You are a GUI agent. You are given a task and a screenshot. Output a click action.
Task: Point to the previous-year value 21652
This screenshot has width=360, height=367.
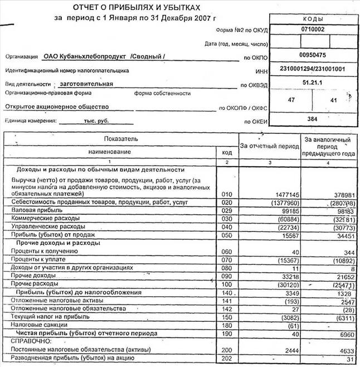pyautogui.click(x=339, y=277)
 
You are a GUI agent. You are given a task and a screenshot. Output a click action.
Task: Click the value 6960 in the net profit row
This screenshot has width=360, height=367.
pyautogui.click(x=342, y=334)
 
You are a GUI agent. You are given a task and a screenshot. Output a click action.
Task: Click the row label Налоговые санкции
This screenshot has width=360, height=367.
pyautogui.click(x=36, y=325)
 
